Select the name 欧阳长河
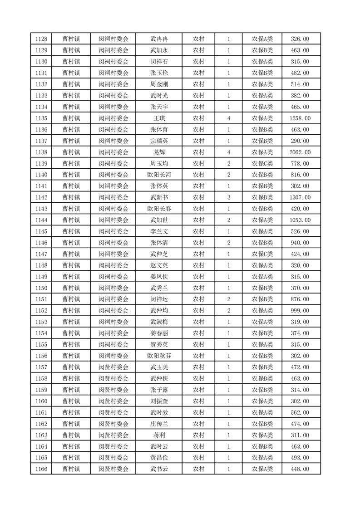click(x=159, y=175)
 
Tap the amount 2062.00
click(x=300, y=152)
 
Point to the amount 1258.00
click(x=300, y=118)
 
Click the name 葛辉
click(x=159, y=152)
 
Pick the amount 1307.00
click(x=300, y=197)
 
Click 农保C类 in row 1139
click(x=262, y=163)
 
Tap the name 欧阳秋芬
click(x=159, y=356)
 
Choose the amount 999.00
click(x=300, y=310)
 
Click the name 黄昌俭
click(x=159, y=458)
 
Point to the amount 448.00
click(x=300, y=469)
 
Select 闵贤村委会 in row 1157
click(x=113, y=367)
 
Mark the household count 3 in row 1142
click(x=228, y=197)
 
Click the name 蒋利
click(x=159, y=435)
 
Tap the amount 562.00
click(x=300, y=412)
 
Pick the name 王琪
click(x=159, y=118)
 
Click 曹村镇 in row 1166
click(x=71, y=469)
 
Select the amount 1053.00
click(x=300, y=220)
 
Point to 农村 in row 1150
click(x=198, y=288)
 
